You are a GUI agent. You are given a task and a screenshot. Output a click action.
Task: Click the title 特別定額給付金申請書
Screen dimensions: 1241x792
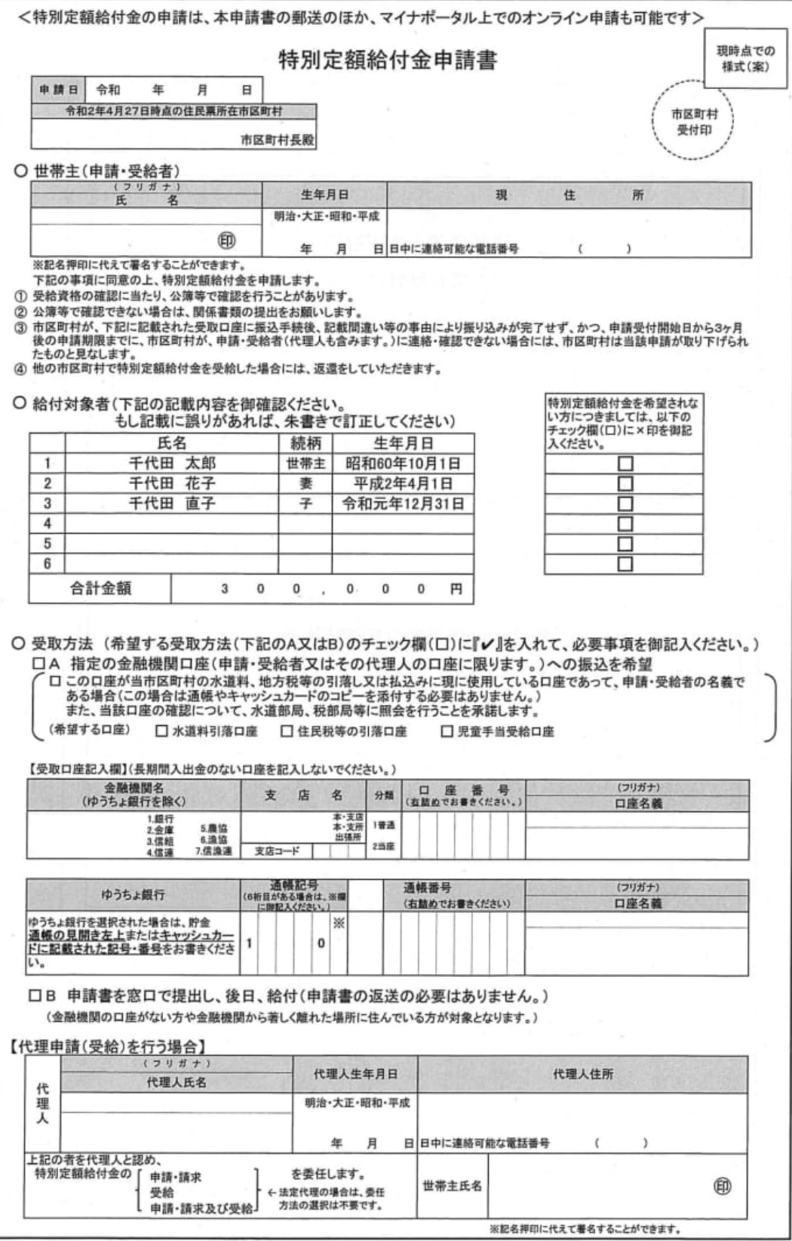click(388, 60)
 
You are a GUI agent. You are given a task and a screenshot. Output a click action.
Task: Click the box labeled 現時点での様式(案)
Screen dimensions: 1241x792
click(744, 59)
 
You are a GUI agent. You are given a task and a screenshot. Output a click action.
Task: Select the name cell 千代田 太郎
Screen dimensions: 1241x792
click(172, 464)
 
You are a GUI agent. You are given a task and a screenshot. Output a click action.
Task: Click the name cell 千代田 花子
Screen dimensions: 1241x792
click(172, 483)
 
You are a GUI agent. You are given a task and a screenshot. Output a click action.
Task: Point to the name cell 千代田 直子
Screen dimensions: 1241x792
click(172, 504)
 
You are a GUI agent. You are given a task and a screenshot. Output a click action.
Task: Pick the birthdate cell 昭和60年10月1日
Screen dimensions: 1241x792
click(403, 464)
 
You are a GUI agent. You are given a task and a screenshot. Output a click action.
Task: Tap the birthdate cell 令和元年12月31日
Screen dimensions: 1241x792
click(403, 504)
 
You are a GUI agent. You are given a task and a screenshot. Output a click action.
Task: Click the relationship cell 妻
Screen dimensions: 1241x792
click(305, 483)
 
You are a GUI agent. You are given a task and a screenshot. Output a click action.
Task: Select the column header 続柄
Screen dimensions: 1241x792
click(305, 443)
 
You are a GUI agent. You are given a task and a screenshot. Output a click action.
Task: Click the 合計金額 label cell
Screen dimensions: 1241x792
click(100, 589)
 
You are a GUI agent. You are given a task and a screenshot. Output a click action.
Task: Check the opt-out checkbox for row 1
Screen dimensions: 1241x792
click(625, 464)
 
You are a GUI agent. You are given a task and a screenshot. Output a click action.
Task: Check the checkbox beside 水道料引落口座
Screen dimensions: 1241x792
click(161, 731)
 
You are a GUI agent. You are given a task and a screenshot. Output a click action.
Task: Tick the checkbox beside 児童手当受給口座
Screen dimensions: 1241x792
click(447, 731)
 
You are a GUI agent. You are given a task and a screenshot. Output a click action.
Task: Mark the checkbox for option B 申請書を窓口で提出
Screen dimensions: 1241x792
click(36, 996)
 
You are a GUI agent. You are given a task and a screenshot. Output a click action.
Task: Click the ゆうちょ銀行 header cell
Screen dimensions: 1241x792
click(133, 895)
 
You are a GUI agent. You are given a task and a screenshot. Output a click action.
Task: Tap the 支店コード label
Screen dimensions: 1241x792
click(277, 851)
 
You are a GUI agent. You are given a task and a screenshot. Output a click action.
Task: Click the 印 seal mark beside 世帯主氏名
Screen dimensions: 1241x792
click(722, 1187)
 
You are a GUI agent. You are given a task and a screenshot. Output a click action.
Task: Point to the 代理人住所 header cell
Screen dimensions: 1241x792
click(583, 1074)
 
